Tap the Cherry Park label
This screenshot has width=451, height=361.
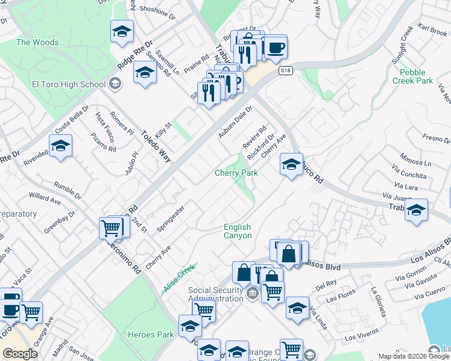(x=236, y=173)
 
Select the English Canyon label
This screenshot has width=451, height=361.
(x=237, y=231)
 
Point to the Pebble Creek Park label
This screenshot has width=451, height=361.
(x=412, y=76)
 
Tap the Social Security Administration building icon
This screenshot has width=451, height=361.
(x=253, y=294)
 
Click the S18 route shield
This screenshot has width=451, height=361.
(x=286, y=71)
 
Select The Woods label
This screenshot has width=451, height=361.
(x=37, y=42)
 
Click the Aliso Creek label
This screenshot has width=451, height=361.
(x=179, y=279)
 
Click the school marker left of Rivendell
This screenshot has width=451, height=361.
(x=60, y=146)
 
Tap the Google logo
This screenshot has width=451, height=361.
(x=20, y=354)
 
